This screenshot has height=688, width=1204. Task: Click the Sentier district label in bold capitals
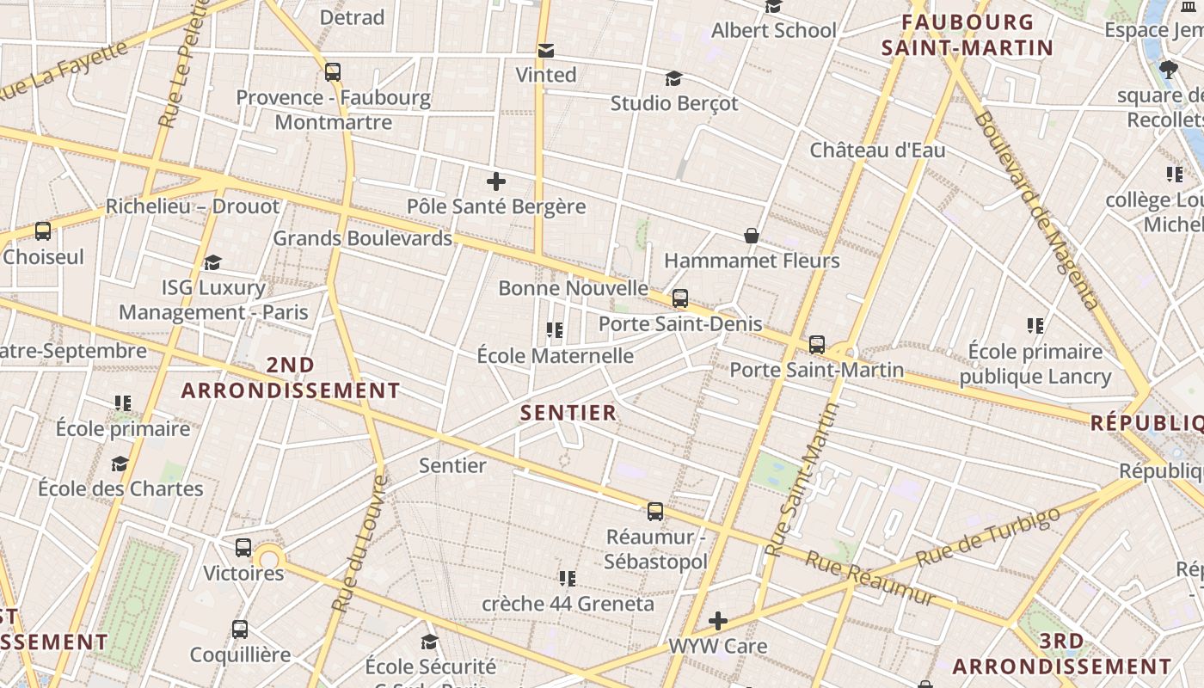coord(568,413)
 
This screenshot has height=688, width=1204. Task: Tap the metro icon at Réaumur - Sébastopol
coord(655,512)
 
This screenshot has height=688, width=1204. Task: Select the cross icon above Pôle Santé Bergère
coord(496,181)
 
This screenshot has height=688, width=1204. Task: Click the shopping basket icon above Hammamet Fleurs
coord(752,236)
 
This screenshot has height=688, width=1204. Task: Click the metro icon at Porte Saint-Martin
coord(817,345)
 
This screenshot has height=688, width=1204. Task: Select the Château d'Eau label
coord(877,150)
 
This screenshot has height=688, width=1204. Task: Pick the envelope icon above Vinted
coord(546,51)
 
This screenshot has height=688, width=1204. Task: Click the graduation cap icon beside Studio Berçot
coord(674,79)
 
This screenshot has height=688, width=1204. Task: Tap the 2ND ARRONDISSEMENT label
coord(291,378)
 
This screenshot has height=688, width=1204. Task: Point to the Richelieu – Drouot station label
coord(193,206)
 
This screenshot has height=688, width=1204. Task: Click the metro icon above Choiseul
coord(43,230)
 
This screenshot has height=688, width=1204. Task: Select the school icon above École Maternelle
coord(555,330)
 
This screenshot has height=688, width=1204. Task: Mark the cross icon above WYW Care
coord(718,620)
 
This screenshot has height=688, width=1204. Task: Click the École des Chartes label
coord(120,488)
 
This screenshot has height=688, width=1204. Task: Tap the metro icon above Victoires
coord(243,547)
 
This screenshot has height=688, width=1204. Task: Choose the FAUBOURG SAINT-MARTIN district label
coord(967,35)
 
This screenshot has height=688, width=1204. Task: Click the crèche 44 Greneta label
coord(568,604)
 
